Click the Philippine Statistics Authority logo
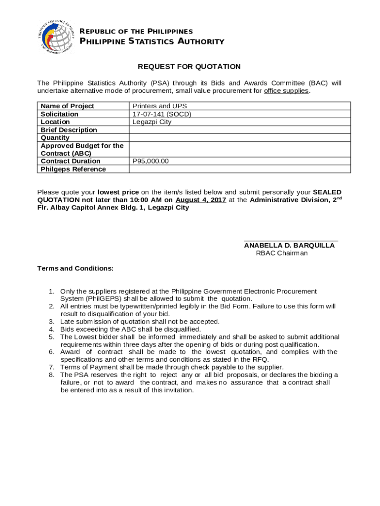[x=58, y=36]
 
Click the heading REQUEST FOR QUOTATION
[x=189, y=67]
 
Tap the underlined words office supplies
[x=286, y=91]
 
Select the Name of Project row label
[x=67, y=106]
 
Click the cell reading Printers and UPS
[x=159, y=106]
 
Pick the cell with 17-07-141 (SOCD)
[x=161, y=114]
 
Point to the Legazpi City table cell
[x=152, y=122]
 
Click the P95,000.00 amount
[x=151, y=161]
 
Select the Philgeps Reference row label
[x=73, y=169]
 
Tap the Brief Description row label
[x=69, y=130]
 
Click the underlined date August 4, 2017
[x=201, y=200]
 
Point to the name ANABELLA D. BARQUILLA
[x=289, y=246]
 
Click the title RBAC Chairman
[x=281, y=253]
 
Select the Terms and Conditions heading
[x=76, y=268]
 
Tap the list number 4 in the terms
[x=51, y=329]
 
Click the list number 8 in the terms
[x=51, y=375]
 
